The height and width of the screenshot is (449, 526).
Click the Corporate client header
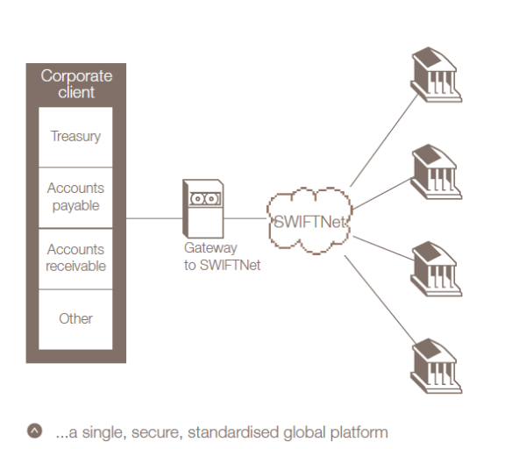76,84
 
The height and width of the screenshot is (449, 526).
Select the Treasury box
75,137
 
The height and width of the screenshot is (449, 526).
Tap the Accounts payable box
75,197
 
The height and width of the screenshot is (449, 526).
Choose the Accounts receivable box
75,258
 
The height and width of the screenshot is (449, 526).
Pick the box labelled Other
75,318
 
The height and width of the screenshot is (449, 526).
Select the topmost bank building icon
431,75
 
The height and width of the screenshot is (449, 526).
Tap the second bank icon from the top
431,172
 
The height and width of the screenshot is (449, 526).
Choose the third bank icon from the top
431,268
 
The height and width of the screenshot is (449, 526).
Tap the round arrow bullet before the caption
34,431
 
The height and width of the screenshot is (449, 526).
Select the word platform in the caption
359,432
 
